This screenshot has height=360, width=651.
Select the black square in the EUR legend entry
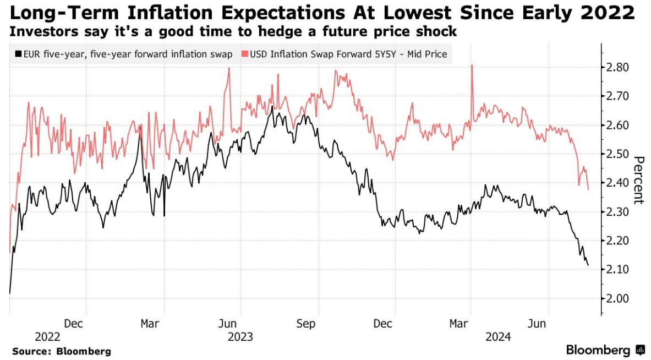click(x=17, y=54)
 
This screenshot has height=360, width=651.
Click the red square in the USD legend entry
click(x=245, y=54)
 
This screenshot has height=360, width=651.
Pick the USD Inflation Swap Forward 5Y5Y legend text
click(x=348, y=54)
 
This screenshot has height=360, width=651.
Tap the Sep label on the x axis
click(x=306, y=324)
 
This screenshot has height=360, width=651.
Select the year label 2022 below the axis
click(x=48, y=336)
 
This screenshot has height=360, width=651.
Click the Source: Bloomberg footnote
click(x=61, y=351)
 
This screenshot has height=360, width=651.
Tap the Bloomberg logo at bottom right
click(x=605, y=350)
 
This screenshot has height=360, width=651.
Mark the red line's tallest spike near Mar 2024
click(x=472, y=66)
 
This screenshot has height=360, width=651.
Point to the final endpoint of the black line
click(x=588, y=265)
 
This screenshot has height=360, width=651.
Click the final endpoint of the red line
click(x=588, y=189)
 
